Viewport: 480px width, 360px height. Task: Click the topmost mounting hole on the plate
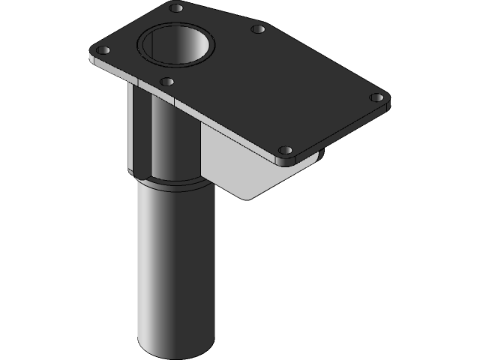(x=176, y=8)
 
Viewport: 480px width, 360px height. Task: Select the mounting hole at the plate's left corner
(x=103, y=50)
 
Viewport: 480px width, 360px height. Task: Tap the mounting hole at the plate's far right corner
(x=377, y=97)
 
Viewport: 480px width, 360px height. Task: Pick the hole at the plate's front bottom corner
(x=284, y=150)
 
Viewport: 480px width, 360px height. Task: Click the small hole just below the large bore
(x=167, y=81)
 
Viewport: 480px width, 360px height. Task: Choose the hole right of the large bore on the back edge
(x=258, y=29)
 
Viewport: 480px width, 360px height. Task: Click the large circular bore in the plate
(x=177, y=43)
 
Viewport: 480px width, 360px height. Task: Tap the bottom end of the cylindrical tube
(x=176, y=349)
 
